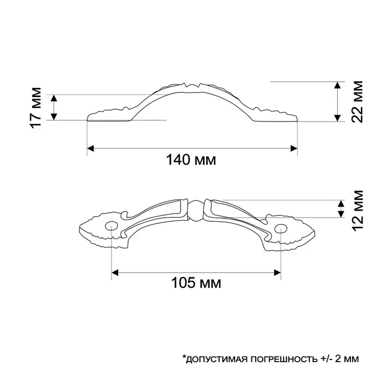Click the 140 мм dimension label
(191, 160)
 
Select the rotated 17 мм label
(36, 107)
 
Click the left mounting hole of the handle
(112, 227)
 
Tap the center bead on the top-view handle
(195, 209)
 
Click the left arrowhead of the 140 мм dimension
(90, 148)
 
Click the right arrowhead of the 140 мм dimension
(294, 148)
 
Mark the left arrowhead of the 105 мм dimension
(115, 272)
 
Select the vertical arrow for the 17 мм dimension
(54, 107)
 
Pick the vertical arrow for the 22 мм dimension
(338, 101)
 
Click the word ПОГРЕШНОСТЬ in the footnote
(278, 358)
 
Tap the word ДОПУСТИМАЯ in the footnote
(213, 358)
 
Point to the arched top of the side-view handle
(192, 87)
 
